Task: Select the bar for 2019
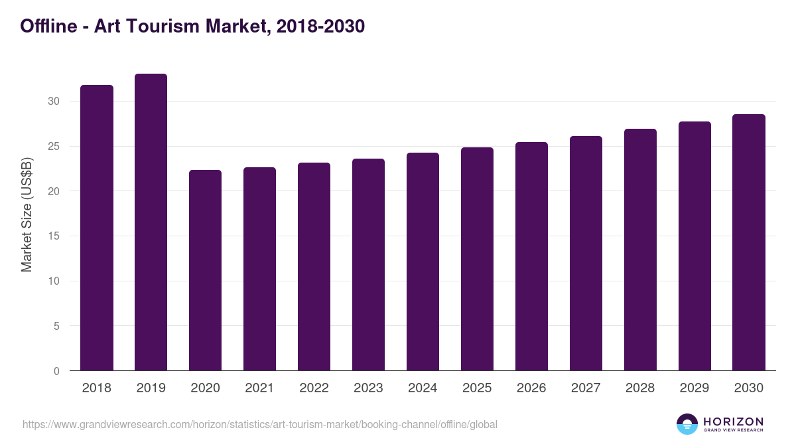151,222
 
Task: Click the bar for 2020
205,270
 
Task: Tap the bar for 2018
97,228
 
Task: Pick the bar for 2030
749,242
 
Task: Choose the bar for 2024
423,261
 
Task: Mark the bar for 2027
586,254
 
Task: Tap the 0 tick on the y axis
56,371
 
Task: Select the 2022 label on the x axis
314,388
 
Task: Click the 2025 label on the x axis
477,388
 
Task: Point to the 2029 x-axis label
695,388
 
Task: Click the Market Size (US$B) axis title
27,214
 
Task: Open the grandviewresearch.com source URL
259,424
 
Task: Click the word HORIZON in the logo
732,421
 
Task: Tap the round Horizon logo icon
687,424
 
